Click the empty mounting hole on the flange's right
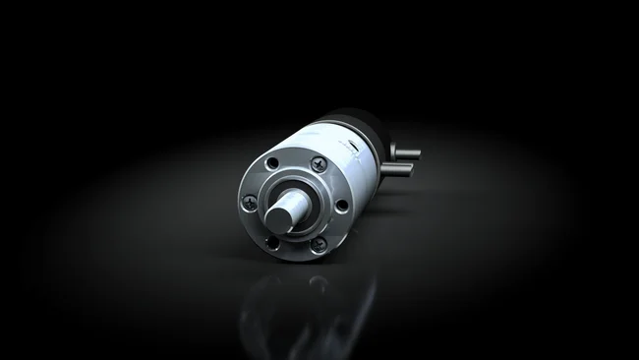[x=340, y=205]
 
